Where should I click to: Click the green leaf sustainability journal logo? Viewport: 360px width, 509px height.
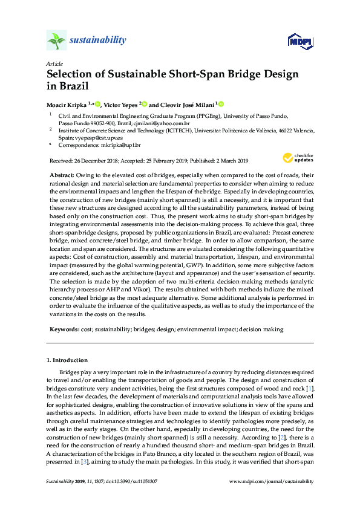click(x=56, y=41)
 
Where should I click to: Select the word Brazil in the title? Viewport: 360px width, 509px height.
click(x=68, y=86)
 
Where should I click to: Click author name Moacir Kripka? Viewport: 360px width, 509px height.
click(x=67, y=104)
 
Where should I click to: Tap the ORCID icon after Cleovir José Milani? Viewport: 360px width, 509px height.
click(x=221, y=104)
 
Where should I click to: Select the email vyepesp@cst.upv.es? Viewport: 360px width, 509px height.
click(x=88, y=137)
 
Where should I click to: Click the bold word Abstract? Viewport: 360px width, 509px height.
click(x=62, y=173)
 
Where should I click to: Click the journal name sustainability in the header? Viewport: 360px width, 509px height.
click(x=97, y=41)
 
